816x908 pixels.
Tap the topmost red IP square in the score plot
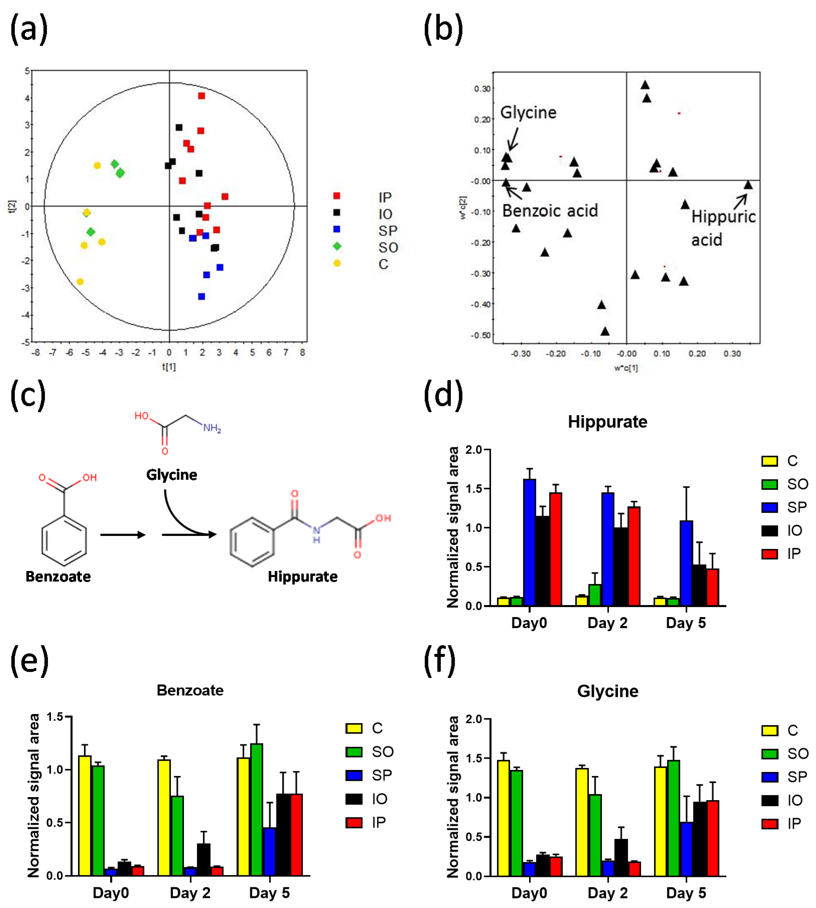(x=202, y=96)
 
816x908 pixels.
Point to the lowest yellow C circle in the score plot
(x=80, y=281)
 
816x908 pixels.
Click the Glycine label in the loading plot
(x=528, y=113)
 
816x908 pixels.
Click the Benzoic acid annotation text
(x=550, y=211)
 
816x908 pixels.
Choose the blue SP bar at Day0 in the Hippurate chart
(x=530, y=542)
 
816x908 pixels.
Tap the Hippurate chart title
(x=608, y=422)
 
